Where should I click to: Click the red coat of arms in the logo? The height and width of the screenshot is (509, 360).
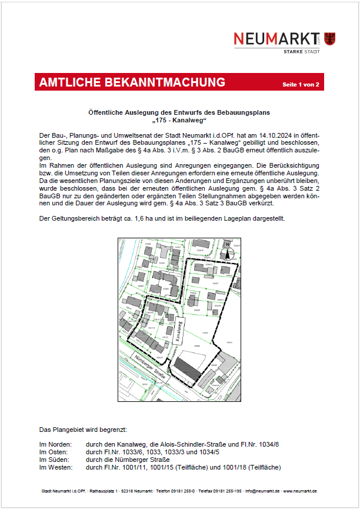point(329,38)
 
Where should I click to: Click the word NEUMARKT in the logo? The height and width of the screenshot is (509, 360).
point(274,39)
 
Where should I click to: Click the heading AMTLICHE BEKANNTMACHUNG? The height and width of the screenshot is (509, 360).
point(132,83)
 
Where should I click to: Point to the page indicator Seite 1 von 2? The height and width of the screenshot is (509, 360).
point(301,85)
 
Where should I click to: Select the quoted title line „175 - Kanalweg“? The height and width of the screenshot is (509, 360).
point(179,121)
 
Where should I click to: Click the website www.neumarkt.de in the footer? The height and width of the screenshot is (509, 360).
point(301,491)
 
